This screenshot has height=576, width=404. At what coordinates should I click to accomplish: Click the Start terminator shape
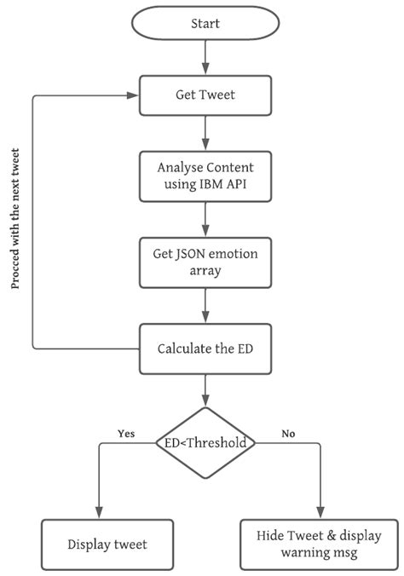pyautogui.click(x=205, y=23)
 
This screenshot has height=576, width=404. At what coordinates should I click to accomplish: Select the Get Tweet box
pyautogui.click(x=205, y=95)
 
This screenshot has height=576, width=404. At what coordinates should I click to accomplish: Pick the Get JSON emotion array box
pyautogui.click(x=205, y=262)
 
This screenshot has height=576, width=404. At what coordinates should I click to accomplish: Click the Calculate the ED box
pyautogui.click(x=205, y=348)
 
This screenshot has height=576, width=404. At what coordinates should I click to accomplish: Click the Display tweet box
pyautogui.click(x=107, y=544)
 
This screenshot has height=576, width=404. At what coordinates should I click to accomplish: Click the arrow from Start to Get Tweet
pyautogui.click(x=205, y=56)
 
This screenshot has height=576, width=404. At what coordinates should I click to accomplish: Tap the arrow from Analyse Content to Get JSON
pyautogui.click(x=205, y=218)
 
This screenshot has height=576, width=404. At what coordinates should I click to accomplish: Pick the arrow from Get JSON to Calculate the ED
pyautogui.click(x=205, y=305)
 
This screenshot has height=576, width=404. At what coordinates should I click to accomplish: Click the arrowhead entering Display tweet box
pyautogui.click(x=99, y=513)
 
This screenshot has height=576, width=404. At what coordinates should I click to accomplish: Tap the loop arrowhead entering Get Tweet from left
pyautogui.click(x=135, y=95)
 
